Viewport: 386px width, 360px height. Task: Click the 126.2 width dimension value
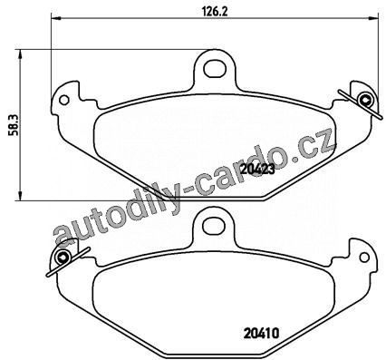[214, 11]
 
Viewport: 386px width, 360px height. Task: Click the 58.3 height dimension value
[13, 125]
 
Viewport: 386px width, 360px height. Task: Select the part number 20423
[257, 170]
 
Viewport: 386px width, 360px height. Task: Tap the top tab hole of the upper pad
[215, 69]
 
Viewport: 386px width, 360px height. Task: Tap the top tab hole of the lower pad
[214, 225]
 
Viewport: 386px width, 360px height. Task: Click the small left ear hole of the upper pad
[64, 100]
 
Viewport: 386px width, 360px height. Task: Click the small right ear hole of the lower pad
[364, 257]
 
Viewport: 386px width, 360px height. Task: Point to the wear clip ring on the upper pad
[364, 100]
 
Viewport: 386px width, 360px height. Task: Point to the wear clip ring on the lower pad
[63, 257]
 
